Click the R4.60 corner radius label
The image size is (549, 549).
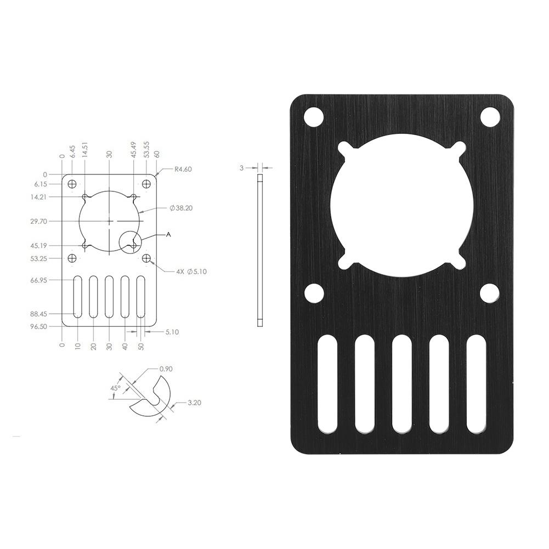(x=182, y=169)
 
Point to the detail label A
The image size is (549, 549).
(x=168, y=234)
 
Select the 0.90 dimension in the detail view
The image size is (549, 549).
(x=166, y=369)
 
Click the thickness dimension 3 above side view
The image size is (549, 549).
(x=241, y=168)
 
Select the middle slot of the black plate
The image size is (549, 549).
(x=403, y=383)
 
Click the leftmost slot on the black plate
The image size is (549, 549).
(x=329, y=383)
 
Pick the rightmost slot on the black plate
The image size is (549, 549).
(x=477, y=383)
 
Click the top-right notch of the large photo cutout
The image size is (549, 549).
(x=459, y=150)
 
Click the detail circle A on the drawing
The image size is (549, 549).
(x=130, y=241)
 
